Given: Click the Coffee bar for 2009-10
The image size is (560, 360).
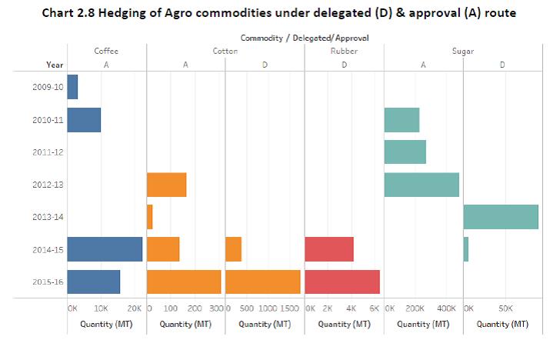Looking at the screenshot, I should click(x=72, y=87).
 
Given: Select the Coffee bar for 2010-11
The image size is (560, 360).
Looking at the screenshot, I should click(x=84, y=120).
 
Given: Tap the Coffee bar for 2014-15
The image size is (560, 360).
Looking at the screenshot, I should click(x=105, y=249).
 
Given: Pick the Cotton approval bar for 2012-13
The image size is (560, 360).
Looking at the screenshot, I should click(x=166, y=185).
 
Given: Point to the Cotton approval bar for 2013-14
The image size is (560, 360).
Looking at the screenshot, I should click(x=149, y=217).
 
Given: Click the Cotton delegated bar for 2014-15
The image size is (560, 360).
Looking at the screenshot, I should click(x=233, y=249).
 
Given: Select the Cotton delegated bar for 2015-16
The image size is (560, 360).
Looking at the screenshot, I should click(x=262, y=282).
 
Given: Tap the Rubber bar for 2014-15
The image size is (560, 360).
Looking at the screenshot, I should click(x=328, y=249).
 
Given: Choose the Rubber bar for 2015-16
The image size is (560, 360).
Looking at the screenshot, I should click(x=342, y=282).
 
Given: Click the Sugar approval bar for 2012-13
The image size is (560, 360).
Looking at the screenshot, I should click(x=421, y=185).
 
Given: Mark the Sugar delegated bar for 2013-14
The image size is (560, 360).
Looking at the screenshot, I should click(x=500, y=217).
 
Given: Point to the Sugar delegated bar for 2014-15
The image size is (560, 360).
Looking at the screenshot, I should click(x=465, y=249).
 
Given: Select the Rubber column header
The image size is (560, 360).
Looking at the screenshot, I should click(x=343, y=52).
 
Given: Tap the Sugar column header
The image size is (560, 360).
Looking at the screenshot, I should click(x=463, y=52).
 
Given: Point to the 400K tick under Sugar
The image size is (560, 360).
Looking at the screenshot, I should click(x=446, y=308).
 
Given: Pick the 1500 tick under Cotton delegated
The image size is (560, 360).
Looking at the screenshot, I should click(x=290, y=308).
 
